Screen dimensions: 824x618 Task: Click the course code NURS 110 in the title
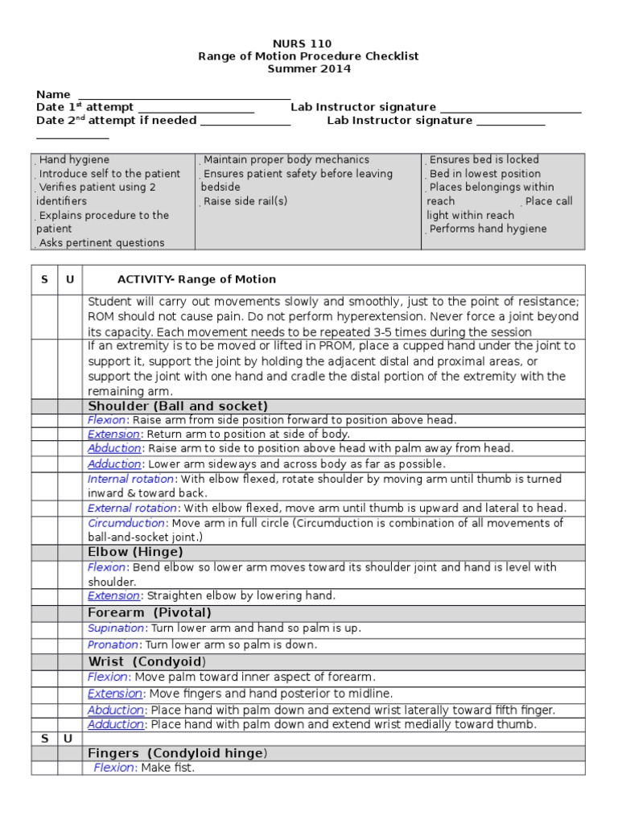[309, 43]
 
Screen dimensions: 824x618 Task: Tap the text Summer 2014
[309, 69]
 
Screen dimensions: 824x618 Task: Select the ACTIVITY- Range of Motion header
[196, 279]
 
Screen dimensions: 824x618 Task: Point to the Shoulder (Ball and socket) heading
[178, 406]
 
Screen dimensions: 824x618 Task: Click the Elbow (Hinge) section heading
[135, 552]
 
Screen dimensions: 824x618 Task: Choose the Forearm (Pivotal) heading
[150, 613]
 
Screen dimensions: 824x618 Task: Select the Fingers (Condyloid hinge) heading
[177, 753]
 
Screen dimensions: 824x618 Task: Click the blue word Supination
[116, 628]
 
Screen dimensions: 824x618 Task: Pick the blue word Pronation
[113, 645]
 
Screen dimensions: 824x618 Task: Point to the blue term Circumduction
[126, 523]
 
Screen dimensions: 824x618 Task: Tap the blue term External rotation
[132, 508]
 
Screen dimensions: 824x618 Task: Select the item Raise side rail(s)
[245, 201]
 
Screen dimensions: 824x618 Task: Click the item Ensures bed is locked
[484, 160]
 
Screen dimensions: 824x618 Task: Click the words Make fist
[167, 768]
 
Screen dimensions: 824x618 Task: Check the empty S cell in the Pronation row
[44, 645]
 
